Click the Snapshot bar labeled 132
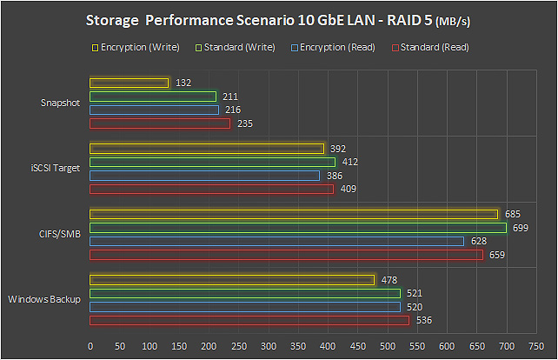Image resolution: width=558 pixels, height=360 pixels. pyautogui.click(x=129, y=83)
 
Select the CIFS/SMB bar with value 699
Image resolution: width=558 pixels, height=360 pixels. pyautogui.click(x=298, y=228)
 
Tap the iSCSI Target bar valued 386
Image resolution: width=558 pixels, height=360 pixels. pyautogui.click(x=205, y=176)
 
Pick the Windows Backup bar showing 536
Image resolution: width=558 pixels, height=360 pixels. pyautogui.click(x=249, y=321)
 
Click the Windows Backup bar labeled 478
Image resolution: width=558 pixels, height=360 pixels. pyautogui.click(x=232, y=279)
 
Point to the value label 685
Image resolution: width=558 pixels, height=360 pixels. pyautogui.click(x=513, y=214)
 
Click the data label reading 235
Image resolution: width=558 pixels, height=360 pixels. pyautogui.click(x=244, y=124)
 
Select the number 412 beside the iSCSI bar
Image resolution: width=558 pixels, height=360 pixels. pyautogui.click(x=350, y=162)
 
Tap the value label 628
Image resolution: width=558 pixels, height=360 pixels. pyautogui.click(x=479, y=242)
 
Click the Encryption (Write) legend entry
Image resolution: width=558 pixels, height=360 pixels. pyautogui.click(x=140, y=48)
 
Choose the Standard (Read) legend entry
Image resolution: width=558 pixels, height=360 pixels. pyautogui.click(x=432, y=48)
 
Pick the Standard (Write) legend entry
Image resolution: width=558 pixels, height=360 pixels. pyautogui.click(x=237, y=48)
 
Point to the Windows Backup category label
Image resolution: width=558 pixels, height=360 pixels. pyautogui.click(x=44, y=300)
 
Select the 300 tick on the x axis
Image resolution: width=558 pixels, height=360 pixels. pyautogui.click(x=269, y=345)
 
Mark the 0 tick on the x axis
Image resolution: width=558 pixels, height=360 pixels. pyautogui.click(x=90, y=345)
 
